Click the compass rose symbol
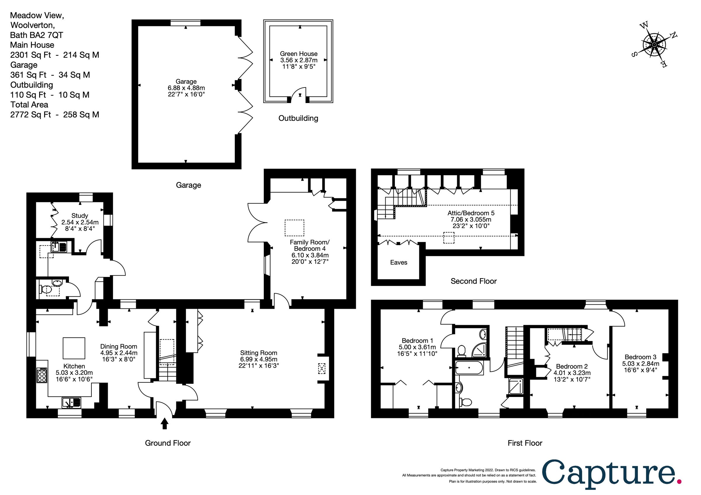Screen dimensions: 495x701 [654, 45]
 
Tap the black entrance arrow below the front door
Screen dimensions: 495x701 [164, 423]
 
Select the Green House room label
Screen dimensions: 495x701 [299, 54]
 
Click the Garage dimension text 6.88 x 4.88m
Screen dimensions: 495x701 [186, 88]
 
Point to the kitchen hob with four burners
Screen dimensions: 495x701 [42, 375]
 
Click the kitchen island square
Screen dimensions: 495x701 [74, 348]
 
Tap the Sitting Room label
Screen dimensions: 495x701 [258, 353]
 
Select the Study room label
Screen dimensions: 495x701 [80, 216]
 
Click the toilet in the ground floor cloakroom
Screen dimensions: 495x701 [45, 289]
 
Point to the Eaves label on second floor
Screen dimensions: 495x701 [398, 262]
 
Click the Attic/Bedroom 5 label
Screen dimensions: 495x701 [471, 213]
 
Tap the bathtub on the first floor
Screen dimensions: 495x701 [469, 368]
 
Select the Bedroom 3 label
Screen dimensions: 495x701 [640, 357]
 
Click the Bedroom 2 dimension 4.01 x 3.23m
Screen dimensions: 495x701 [572, 373]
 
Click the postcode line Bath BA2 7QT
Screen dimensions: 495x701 [37, 35]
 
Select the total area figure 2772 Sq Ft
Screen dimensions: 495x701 [31, 115]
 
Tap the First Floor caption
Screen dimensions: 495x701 [525, 443]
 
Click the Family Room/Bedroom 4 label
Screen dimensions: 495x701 [310, 245]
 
